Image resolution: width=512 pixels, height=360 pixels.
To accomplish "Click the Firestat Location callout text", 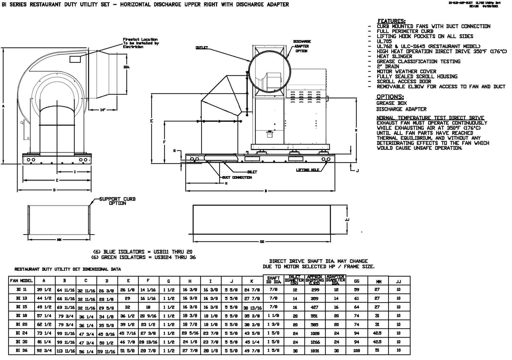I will point(141,43).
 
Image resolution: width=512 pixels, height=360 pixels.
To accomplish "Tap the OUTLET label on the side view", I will point(201,48).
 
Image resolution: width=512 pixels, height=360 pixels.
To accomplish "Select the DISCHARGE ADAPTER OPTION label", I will point(302,46).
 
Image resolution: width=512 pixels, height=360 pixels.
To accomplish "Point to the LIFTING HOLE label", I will point(307,170).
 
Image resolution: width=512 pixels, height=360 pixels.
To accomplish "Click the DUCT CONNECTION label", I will point(237,177).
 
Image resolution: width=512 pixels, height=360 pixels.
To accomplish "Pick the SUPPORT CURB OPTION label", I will point(117,201).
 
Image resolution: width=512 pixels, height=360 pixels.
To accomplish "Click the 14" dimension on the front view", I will point(103,110).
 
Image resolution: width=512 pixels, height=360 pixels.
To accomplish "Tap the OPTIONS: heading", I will point(390,97).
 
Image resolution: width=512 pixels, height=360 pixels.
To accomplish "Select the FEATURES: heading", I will point(391,21).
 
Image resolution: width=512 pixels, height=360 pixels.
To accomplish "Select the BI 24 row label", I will point(21,333).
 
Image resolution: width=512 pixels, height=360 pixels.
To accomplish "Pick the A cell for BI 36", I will point(44,351).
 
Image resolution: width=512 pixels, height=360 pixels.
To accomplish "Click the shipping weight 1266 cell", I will point(315,342).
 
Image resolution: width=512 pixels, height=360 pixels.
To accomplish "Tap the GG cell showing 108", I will point(356,351).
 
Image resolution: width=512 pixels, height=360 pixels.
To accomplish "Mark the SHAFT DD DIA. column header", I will point(273,280).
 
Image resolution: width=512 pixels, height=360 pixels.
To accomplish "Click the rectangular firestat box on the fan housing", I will point(75,59).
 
